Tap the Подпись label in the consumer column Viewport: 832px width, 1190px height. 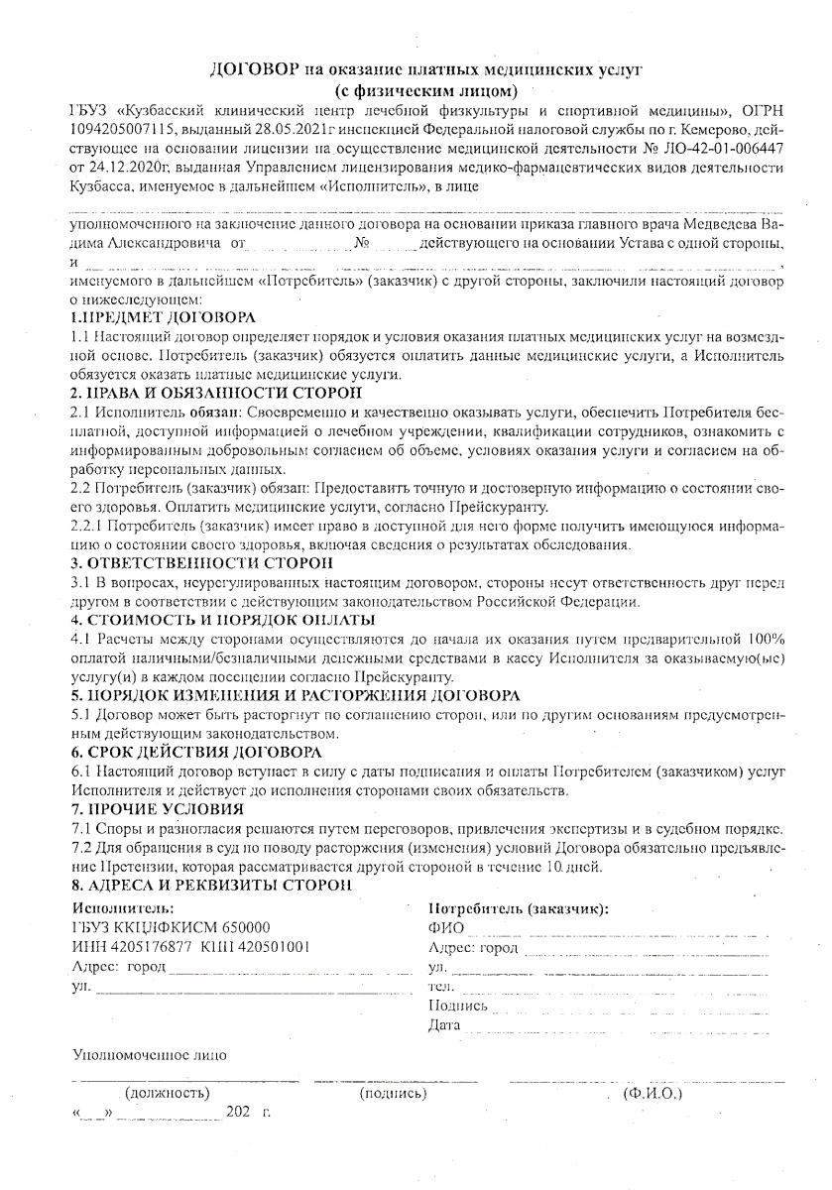(x=457, y=1005)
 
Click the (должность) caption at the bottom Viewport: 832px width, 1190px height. (x=168, y=1093)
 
